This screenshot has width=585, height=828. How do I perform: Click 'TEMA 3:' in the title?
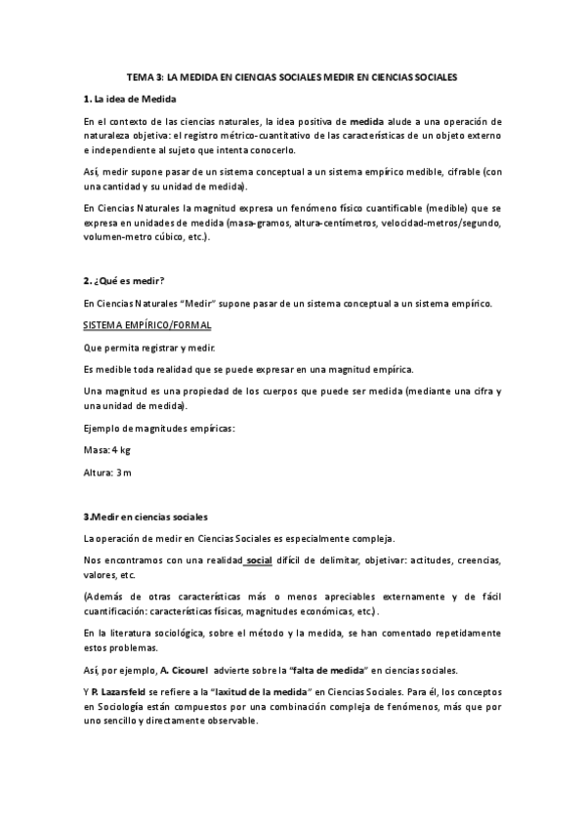[145, 75]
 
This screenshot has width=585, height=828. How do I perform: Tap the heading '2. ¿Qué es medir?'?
[124, 281]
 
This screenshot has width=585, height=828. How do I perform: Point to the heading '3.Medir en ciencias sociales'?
[146, 516]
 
